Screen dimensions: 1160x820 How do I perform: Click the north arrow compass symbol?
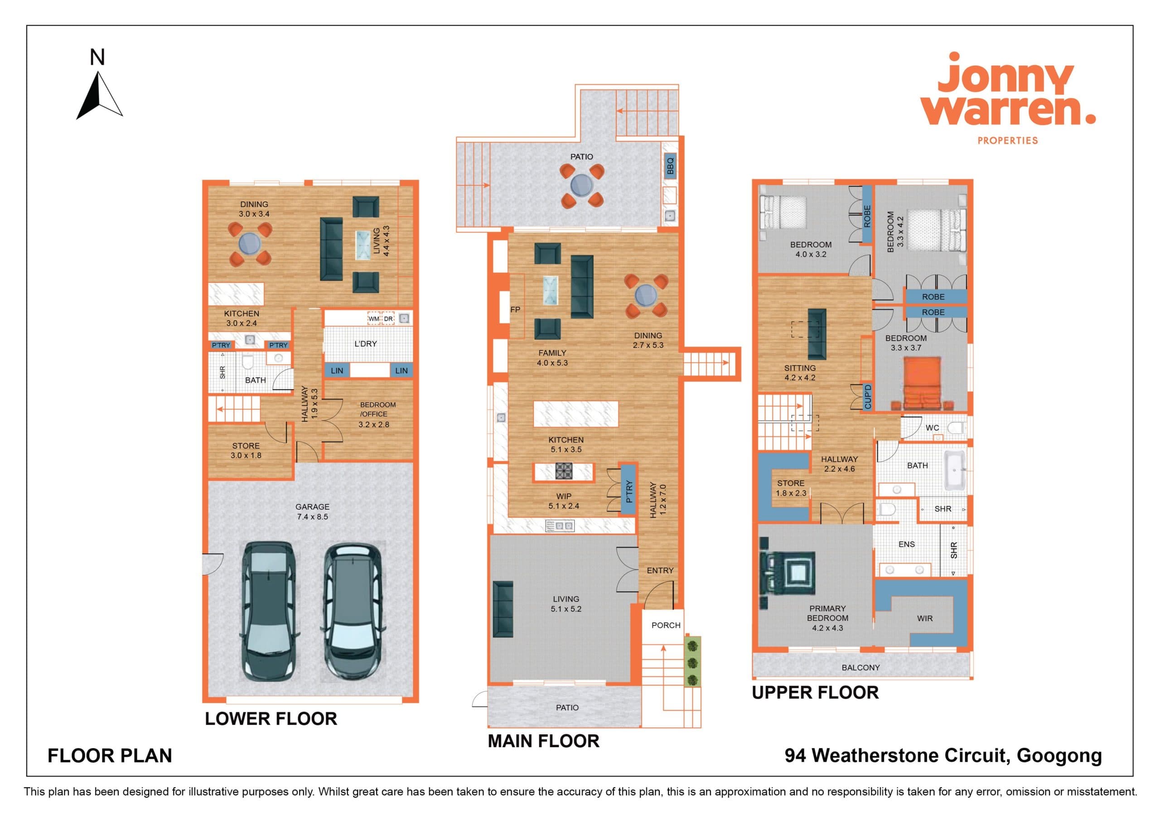(x=99, y=96)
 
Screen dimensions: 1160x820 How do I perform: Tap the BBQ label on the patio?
(x=671, y=165)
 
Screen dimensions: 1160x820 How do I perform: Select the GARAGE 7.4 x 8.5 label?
(x=312, y=511)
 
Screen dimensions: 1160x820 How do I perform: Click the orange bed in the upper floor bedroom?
(x=922, y=383)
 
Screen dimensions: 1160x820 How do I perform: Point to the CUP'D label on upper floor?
(x=867, y=396)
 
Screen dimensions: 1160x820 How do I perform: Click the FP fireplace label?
(x=515, y=310)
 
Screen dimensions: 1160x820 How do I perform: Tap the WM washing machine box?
(x=373, y=319)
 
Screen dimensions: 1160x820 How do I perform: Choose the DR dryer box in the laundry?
(x=388, y=319)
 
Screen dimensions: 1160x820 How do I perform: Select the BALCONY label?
(x=860, y=667)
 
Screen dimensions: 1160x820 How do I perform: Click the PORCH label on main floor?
(x=666, y=625)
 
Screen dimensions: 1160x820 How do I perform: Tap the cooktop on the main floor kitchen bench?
(x=563, y=471)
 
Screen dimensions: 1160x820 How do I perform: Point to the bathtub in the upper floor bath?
(x=954, y=470)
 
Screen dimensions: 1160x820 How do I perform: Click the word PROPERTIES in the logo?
(x=1007, y=140)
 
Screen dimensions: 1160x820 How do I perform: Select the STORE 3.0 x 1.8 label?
(x=246, y=451)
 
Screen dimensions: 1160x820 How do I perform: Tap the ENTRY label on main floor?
(x=660, y=570)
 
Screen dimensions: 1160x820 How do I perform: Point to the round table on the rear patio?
(x=581, y=185)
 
